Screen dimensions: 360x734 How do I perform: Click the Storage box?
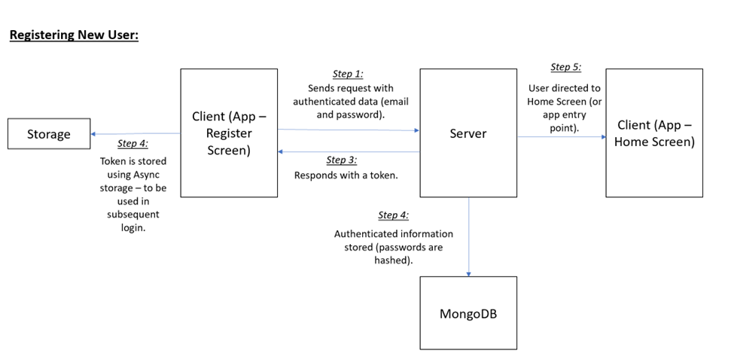tap(49, 134)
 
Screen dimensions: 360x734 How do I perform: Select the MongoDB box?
tap(468, 313)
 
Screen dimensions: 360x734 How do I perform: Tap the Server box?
tap(468, 133)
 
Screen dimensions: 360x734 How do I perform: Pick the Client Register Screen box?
tap(229, 133)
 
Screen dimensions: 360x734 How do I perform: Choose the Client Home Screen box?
tap(654, 133)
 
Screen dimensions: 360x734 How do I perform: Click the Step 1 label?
tap(348, 74)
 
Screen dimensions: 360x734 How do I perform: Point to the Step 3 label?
tap(341, 160)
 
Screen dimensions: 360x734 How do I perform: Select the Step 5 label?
tap(565, 67)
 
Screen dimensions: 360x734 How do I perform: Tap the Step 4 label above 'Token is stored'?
tap(132, 143)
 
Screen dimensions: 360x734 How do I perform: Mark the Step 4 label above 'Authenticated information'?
tap(393, 215)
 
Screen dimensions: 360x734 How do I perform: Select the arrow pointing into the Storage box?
tap(136, 134)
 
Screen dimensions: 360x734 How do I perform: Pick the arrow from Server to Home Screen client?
tap(561, 137)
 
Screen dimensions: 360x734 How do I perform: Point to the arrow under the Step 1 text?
tap(349, 130)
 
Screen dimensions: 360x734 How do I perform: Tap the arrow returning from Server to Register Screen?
tap(349, 152)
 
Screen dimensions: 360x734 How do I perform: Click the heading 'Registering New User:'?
tap(74, 35)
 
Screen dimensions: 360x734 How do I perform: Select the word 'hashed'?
tap(393, 260)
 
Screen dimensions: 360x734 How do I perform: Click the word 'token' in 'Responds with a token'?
tap(381, 175)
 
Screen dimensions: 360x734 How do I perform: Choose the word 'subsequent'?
tap(133, 215)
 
